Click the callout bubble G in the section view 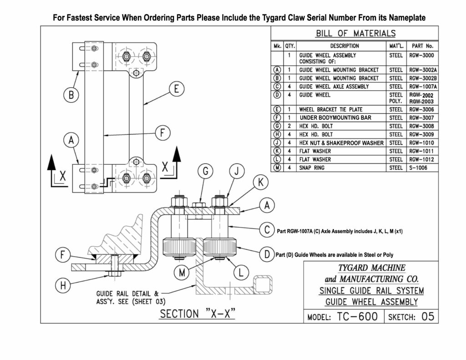pos(206,172)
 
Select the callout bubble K pos(260,183)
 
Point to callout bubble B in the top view pos(71,96)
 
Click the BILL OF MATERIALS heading pos(355,33)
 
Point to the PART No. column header pos(422,46)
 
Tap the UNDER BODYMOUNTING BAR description pos(335,118)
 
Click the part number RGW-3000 pos(422,55)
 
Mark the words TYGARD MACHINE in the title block pos(372,267)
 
